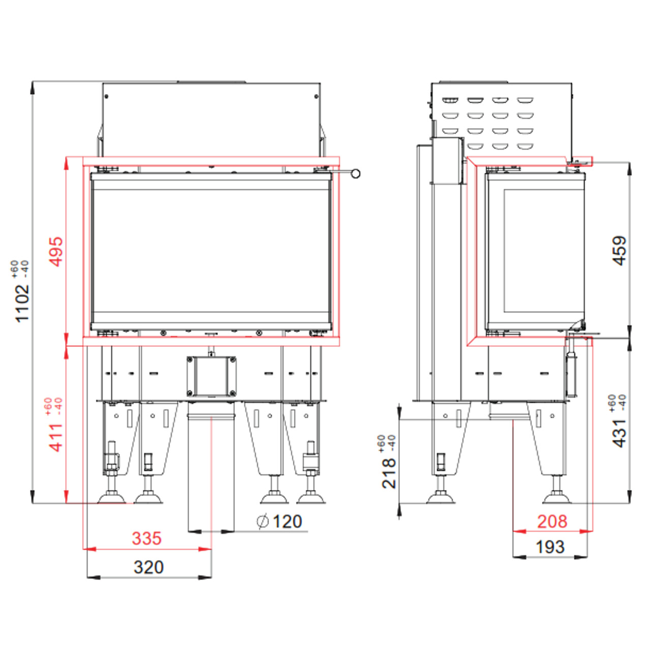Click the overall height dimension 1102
point(22,303)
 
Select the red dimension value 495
point(56,251)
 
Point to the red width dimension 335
point(146,538)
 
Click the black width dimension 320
point(148,567)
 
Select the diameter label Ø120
point(280,522)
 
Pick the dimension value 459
point(619,250)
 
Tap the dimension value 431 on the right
point(619,433)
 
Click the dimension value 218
point(389,473)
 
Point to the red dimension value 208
point(552,521)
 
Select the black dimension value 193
point(550,547)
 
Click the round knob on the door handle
point(356,174)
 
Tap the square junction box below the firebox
point(211,376)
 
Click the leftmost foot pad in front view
point(111,497)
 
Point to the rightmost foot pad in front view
point(311,497)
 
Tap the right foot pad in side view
point(557,497)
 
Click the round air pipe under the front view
point(211,468)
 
